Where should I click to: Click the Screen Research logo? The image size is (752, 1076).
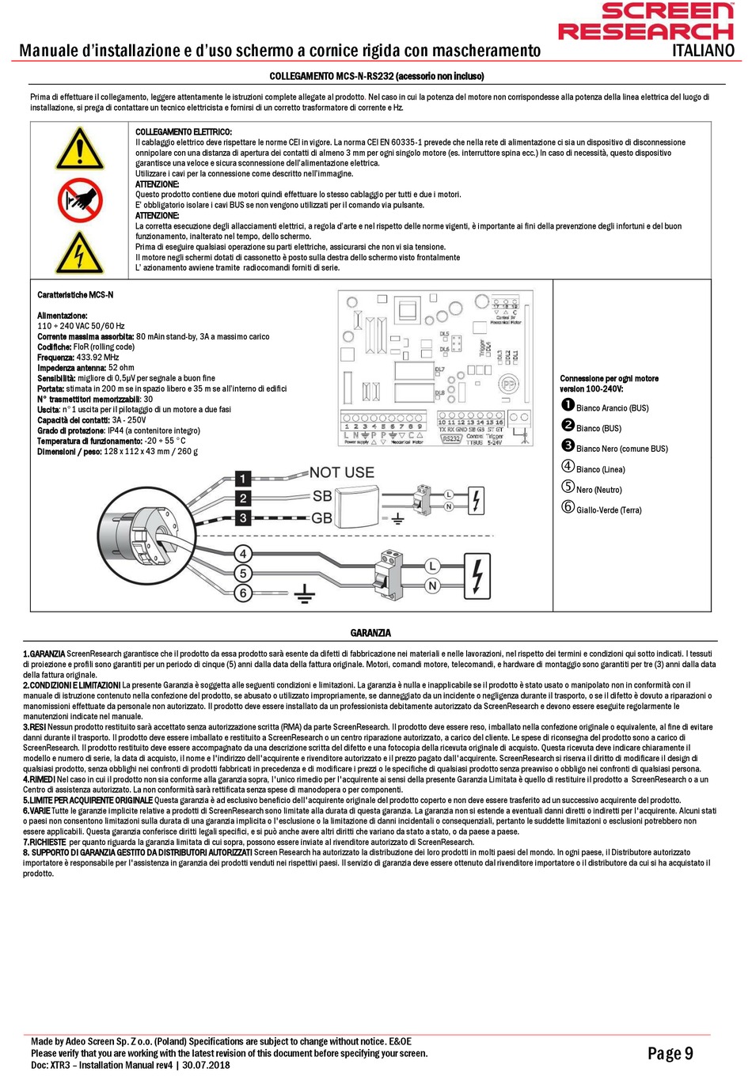646,21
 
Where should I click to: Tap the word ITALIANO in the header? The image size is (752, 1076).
703,51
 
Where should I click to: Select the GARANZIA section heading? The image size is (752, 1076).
370,633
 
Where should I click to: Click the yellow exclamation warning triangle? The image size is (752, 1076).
79,150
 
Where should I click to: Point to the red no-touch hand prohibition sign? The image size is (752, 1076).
79,200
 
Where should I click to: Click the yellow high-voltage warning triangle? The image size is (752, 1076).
79,252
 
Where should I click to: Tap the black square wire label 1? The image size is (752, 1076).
244,479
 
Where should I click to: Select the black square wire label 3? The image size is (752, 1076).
244,518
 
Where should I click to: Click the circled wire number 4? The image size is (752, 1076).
244,554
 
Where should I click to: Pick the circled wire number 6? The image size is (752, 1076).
244,593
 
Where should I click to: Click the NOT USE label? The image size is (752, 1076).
341,472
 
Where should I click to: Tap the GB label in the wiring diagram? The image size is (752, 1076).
321,518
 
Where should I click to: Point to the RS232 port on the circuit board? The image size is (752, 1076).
451,438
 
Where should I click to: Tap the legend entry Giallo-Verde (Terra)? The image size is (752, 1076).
608,510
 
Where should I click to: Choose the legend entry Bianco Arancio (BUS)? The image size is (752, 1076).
612,408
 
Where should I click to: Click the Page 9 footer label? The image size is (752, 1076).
670,1053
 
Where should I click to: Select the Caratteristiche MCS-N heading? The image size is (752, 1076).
75,295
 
